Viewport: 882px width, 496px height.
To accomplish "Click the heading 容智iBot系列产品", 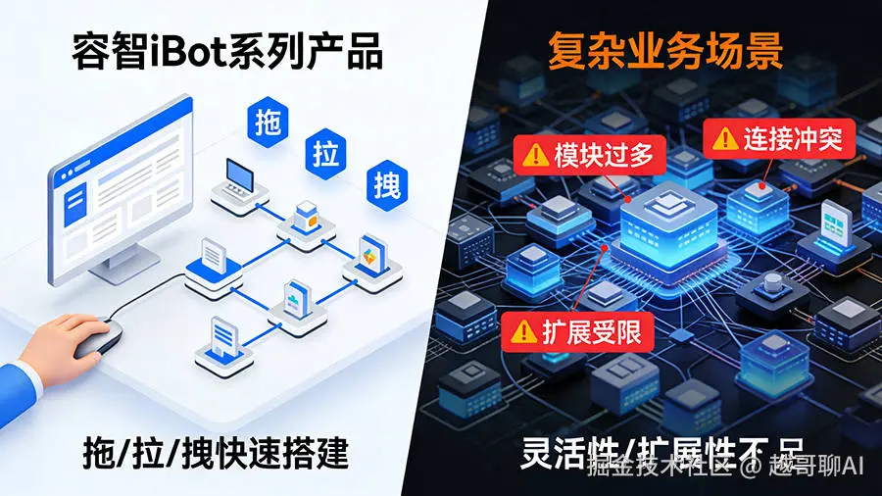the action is (226, 53).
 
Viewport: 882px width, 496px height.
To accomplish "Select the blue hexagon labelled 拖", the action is (268, 124).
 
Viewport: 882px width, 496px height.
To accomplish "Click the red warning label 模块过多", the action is (590, 155).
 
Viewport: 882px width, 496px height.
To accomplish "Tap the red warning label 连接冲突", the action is (780, 139).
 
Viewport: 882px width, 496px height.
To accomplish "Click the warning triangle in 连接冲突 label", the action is (726, 139).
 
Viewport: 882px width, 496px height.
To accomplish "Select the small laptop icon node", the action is (241, 175).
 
